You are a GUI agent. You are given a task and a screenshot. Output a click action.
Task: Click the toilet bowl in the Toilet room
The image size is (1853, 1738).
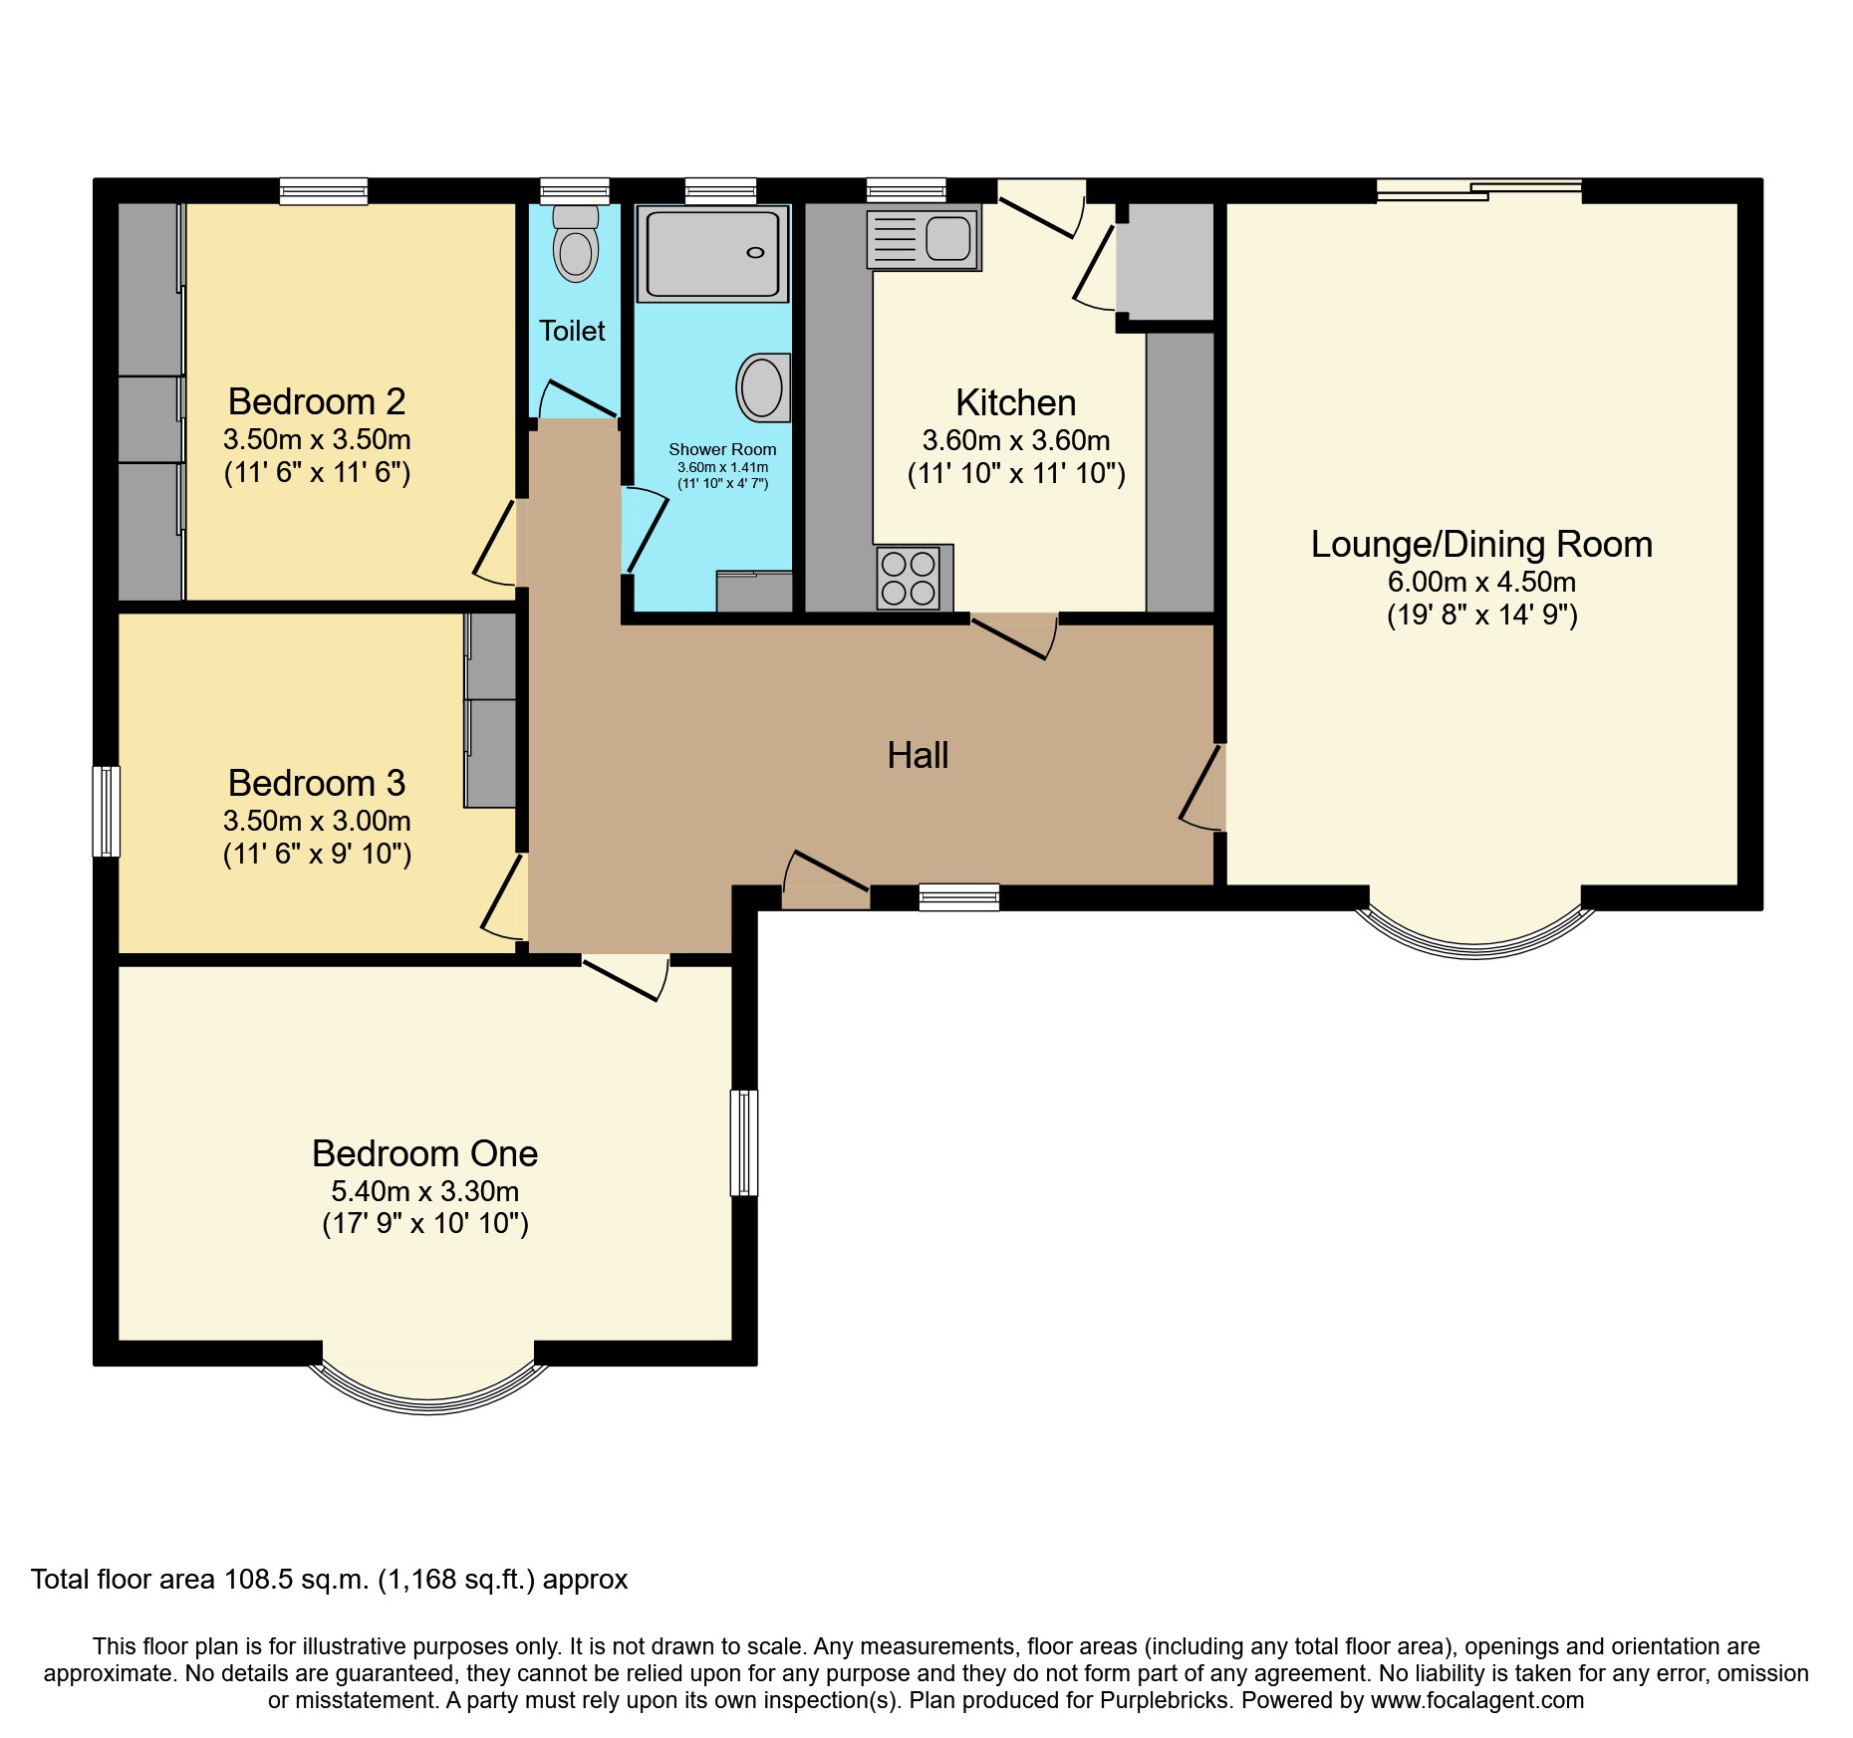pyautogui.click(x=576, y=251)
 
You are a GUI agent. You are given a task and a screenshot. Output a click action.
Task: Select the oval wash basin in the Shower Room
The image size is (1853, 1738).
pyautogui.click(x=762, y=387)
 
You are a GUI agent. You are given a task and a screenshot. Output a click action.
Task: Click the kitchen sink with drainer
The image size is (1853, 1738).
pyautogui.click(x=924, y=239)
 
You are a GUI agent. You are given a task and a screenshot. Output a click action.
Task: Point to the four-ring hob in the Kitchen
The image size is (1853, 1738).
pyautogui.click(x=909, y=579)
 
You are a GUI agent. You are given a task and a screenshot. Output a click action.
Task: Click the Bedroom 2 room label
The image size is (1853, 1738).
pyautogui.click(x=317, y=401)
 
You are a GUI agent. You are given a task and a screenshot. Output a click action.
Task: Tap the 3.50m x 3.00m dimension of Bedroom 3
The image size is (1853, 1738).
pyautogui.click(x=317, y=821)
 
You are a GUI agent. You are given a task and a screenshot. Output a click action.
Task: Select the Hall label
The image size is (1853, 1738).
pyautogui.click(x=918, y=755)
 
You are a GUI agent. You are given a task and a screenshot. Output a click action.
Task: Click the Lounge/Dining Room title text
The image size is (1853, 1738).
pyautogui.click(x=1481, y=544)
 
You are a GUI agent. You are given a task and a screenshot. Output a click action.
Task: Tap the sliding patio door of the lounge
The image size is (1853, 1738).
pyautogui.click(x=1478, y=190)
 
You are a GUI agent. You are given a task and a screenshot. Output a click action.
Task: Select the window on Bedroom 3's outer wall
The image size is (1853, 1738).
pyautogui.click(x=107, y=811)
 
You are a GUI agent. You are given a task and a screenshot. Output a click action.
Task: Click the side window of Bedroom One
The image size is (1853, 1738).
pyautogui.click(x=744, y=1142)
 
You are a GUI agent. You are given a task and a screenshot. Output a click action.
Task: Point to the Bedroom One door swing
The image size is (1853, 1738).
pyautogui.click(x=625, y=976)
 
